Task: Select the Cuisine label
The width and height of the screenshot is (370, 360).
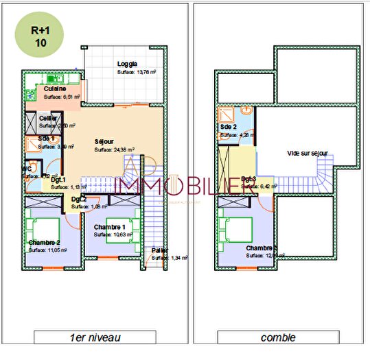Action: [55, 88]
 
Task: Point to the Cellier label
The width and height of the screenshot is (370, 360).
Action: [48, 118]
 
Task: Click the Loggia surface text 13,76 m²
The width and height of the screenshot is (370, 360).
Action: [136, 71]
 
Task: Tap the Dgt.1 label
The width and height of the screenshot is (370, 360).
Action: [58, 178]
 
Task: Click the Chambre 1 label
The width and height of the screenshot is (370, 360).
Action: [108, 227]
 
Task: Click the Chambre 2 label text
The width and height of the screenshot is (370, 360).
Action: [44, 243]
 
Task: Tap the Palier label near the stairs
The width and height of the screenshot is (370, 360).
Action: [159, 250]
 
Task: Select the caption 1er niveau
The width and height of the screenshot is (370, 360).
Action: [93, 337]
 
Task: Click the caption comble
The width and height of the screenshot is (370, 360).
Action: [278, 337]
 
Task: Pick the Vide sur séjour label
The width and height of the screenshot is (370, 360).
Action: [307, 154]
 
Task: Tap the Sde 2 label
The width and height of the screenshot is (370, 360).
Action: [229, 128]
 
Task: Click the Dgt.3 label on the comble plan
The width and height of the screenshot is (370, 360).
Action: [248, 179]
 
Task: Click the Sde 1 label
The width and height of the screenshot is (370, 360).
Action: [46, 139]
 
